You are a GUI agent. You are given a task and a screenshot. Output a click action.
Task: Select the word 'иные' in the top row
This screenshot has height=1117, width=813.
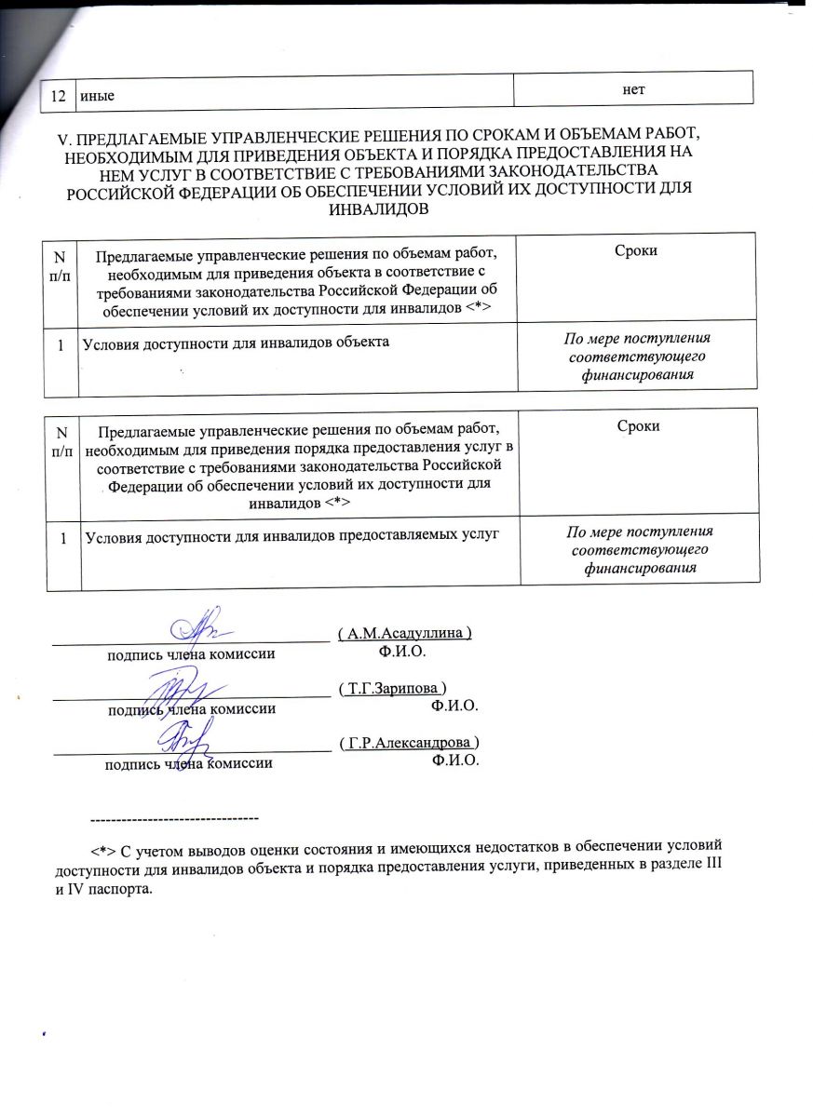[98, 93]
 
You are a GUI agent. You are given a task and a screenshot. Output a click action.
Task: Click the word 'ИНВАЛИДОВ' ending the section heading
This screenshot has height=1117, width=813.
[379, 209]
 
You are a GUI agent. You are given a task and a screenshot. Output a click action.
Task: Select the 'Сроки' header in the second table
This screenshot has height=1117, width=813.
[638, 426]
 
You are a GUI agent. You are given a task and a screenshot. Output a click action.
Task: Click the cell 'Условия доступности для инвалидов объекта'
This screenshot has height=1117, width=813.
[236, 343]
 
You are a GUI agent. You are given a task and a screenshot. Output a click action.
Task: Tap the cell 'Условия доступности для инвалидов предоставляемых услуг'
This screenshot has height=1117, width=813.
[287, 534]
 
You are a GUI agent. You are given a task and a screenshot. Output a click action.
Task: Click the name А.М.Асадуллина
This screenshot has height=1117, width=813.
[405, 633]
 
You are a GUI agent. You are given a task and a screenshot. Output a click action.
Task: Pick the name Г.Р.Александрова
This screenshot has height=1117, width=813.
[410, 743]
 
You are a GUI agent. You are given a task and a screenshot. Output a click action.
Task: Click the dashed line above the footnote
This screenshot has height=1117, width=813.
[172, 817]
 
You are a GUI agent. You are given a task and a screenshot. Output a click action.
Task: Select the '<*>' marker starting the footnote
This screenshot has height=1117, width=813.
[103, 852]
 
